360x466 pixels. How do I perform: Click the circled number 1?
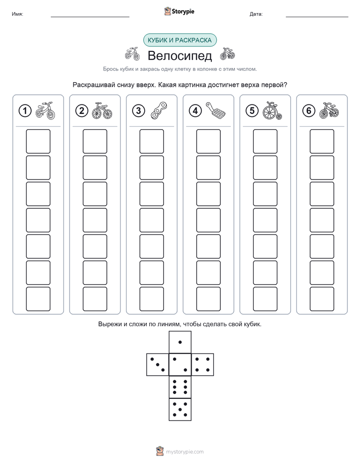coord(25,111)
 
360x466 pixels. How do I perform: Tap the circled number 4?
coord(195,111)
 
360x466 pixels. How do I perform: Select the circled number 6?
coord(309,111)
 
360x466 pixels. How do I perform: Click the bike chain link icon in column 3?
coord(159,110)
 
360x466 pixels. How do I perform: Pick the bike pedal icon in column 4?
coord(216,110)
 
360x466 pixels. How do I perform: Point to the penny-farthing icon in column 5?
coord(272,110)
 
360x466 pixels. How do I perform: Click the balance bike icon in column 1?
coord(45,110)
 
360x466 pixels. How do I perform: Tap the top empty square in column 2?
coord(95,141)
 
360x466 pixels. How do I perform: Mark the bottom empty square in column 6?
coord(322,299)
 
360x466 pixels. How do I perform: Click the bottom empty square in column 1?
coord(38,299)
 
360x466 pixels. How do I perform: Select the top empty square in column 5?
coord(265,141)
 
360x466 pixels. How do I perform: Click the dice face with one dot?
coord(180,342)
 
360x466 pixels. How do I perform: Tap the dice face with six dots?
coord(180,387)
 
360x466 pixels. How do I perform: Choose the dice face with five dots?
coord(180,410)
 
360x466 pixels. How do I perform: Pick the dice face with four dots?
coord(203,364)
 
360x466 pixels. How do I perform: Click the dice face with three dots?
coord(157,364)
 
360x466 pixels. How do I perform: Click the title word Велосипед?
coord(179,55)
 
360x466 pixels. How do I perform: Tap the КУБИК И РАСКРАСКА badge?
coord(179,40)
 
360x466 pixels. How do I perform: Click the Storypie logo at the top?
coord(179,12)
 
